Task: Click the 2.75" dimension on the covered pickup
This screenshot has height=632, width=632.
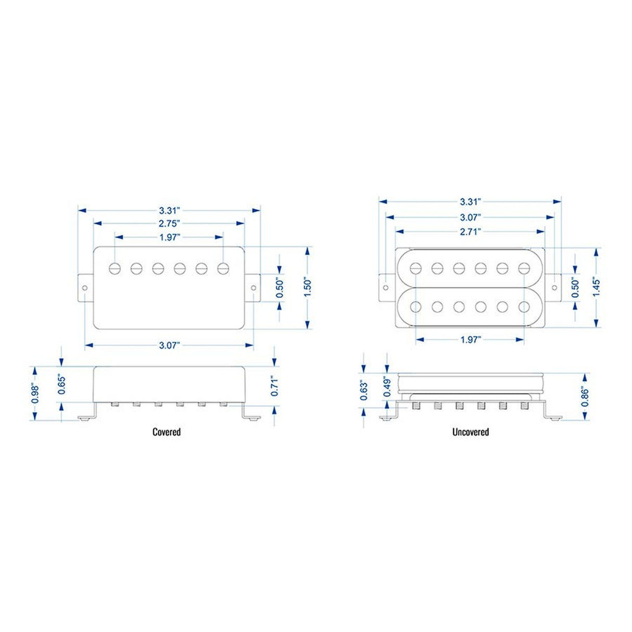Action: point(169,223)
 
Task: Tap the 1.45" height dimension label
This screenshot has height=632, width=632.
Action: point(596,287)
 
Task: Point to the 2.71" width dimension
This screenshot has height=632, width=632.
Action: point(470,231)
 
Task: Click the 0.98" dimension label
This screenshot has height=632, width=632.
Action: point(35,394)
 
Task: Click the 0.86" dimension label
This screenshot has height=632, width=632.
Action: point(586,397)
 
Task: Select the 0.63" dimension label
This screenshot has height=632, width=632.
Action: point(363,391)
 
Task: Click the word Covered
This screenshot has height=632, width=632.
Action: point(167,432)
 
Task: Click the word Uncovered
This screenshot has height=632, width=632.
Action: point(471,432)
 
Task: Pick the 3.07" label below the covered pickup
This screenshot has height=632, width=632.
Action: point(169,345)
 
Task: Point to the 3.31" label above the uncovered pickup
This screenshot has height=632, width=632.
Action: point(470,201)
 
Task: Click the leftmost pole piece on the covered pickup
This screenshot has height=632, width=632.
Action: point(115,268)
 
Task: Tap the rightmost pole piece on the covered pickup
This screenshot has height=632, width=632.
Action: point(224,268)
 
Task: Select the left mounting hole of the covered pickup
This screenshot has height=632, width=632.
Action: point(85,288)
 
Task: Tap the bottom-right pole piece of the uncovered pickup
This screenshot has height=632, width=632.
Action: point(524,307)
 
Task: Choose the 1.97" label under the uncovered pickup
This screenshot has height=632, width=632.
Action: point(470,339)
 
